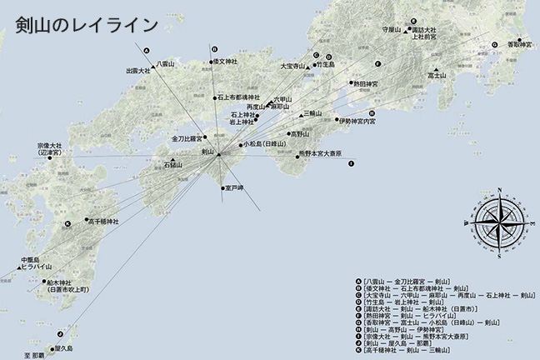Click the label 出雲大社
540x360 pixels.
pyautogui.click(x=137, y=71)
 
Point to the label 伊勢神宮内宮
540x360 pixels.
pyautogui.click(x=358, y=121)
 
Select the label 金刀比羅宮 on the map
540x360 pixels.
pyautogui.click(x=188, y=137)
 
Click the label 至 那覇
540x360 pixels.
pyautogui.click(x=37, y=356)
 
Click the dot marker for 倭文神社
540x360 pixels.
pyautogui.click(x=211, y=62)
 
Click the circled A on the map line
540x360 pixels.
pyautogui.click(x=147, y=49)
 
